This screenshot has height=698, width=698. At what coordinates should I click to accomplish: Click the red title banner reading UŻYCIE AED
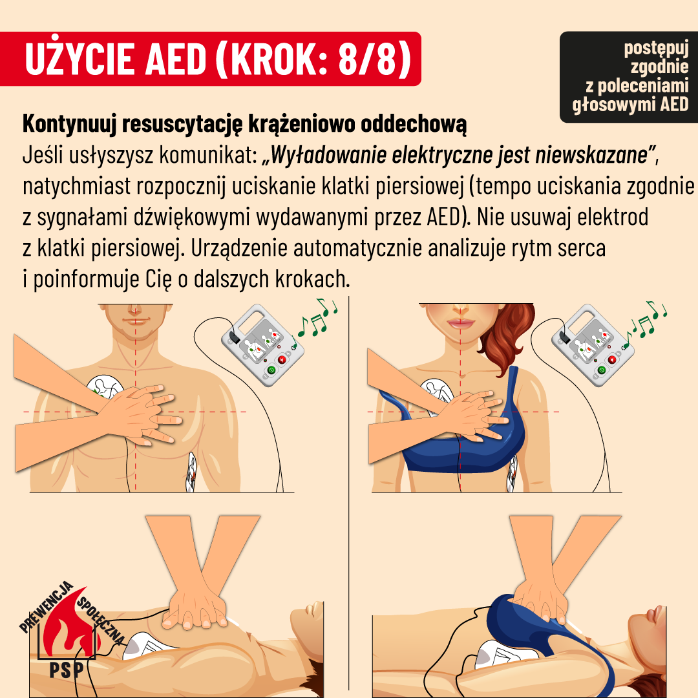(210, 59)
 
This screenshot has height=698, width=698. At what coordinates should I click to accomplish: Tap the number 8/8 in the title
(367, 59)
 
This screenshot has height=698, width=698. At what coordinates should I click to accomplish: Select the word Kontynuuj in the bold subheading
(69, 124)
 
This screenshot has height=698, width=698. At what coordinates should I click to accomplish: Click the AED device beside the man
(262, 345)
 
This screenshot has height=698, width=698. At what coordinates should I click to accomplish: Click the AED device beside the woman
(593, 345)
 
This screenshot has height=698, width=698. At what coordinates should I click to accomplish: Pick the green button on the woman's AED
(602, 370)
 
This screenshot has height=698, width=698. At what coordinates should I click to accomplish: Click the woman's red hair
(507, 337)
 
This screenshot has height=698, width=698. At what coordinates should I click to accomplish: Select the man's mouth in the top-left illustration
(135, 321)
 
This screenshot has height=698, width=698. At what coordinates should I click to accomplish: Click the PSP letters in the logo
(67, 669)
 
